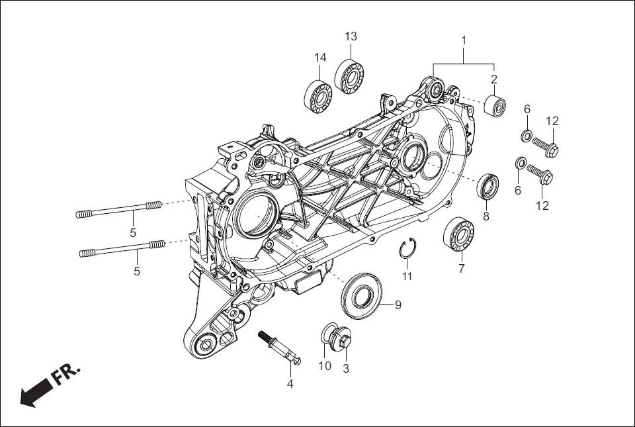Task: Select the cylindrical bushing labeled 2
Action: click(x=495, y=105)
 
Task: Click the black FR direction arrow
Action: click(x=37, y=391)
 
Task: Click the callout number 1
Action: click(x=464, y=41)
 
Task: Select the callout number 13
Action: click(x=351, y=36)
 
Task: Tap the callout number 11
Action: click(x=407, y=276)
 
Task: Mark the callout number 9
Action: click(x=398, y=305)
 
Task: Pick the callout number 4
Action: click(x=289, y=383)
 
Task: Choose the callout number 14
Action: click(x=320, y=58)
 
